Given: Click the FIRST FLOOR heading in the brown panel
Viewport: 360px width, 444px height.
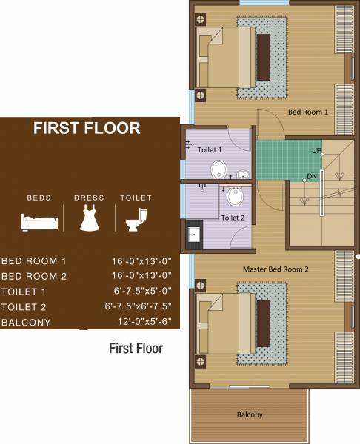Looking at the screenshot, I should point(87,128).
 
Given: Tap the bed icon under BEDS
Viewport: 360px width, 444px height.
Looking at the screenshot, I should point(39,220).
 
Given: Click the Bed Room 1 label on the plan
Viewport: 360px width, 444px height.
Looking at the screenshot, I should point(307,112).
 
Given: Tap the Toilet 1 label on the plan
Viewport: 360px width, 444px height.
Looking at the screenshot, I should point(210,149).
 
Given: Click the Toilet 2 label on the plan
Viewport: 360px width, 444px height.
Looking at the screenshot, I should point(233,218).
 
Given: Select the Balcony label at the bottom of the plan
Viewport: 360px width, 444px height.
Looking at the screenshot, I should point(250,414).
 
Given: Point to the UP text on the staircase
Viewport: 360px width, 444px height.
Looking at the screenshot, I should point(316,150).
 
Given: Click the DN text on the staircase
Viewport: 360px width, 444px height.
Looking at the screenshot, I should point(312,177).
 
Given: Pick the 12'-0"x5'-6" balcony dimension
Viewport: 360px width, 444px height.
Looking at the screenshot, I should point(141,323).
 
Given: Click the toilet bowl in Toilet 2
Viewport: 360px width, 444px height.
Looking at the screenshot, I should point(235,197).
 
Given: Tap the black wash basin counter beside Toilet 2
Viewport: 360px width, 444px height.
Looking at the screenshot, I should point(193,234).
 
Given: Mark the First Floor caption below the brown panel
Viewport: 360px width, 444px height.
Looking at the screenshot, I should point(136,348).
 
